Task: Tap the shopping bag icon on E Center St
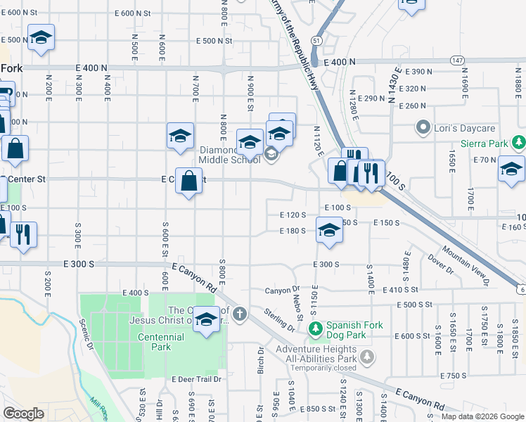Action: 188,181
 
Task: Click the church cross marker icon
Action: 240,314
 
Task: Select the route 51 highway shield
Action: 318,42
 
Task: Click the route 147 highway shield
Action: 457,61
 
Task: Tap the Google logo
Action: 23,414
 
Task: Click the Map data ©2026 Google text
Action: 482,416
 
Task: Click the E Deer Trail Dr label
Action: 196,379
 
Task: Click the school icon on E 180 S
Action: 328,231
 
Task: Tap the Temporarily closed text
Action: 320,368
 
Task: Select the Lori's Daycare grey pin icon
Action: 423,129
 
